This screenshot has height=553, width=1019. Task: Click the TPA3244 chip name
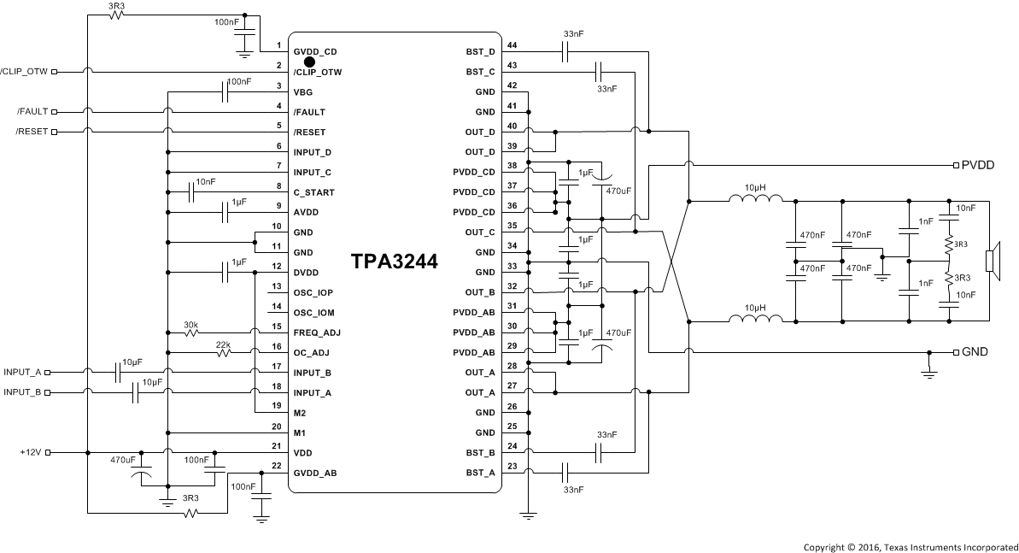click(394, 262)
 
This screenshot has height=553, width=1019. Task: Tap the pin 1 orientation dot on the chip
click(309, 62)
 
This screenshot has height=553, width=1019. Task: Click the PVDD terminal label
click(978, 165)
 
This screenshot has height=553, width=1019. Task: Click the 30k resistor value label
click(191, 325)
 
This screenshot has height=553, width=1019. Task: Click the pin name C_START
click(313, 192)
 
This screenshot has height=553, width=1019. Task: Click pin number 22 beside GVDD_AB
click(276, 465)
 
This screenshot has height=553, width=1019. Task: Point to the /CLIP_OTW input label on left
click(26, 72)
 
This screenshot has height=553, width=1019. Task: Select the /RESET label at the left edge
click(33, 132)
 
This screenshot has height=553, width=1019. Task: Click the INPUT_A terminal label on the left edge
click(22, 372)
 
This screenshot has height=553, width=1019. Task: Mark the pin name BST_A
click(481, 472)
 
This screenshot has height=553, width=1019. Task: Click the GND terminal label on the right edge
click(975, 352)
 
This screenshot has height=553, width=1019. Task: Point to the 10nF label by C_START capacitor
click(206, 182)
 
